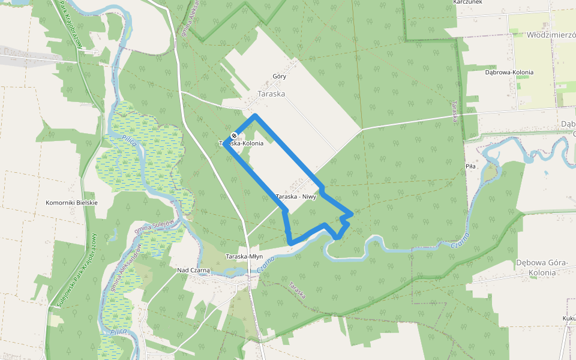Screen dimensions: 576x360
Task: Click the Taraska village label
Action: tap(271, 94)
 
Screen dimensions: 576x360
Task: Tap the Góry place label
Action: tap(279, 76)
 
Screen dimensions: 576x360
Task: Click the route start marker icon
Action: tap(233, 136)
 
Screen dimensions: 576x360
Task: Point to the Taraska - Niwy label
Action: tap(296, 197)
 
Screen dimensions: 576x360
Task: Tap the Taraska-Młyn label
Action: tap(244, 256)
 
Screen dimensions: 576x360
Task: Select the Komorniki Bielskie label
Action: tap(71, 203)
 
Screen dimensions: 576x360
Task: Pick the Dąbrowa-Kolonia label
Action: tap(509, 72)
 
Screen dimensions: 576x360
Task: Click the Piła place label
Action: tap(470, 166)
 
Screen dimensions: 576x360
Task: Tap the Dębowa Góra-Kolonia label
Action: tap(542, 268)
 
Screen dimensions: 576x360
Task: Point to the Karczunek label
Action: tap(469, 2)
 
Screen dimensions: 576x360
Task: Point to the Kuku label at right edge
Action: tap(569, 318)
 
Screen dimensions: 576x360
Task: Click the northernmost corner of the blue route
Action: tap(256, 115)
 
